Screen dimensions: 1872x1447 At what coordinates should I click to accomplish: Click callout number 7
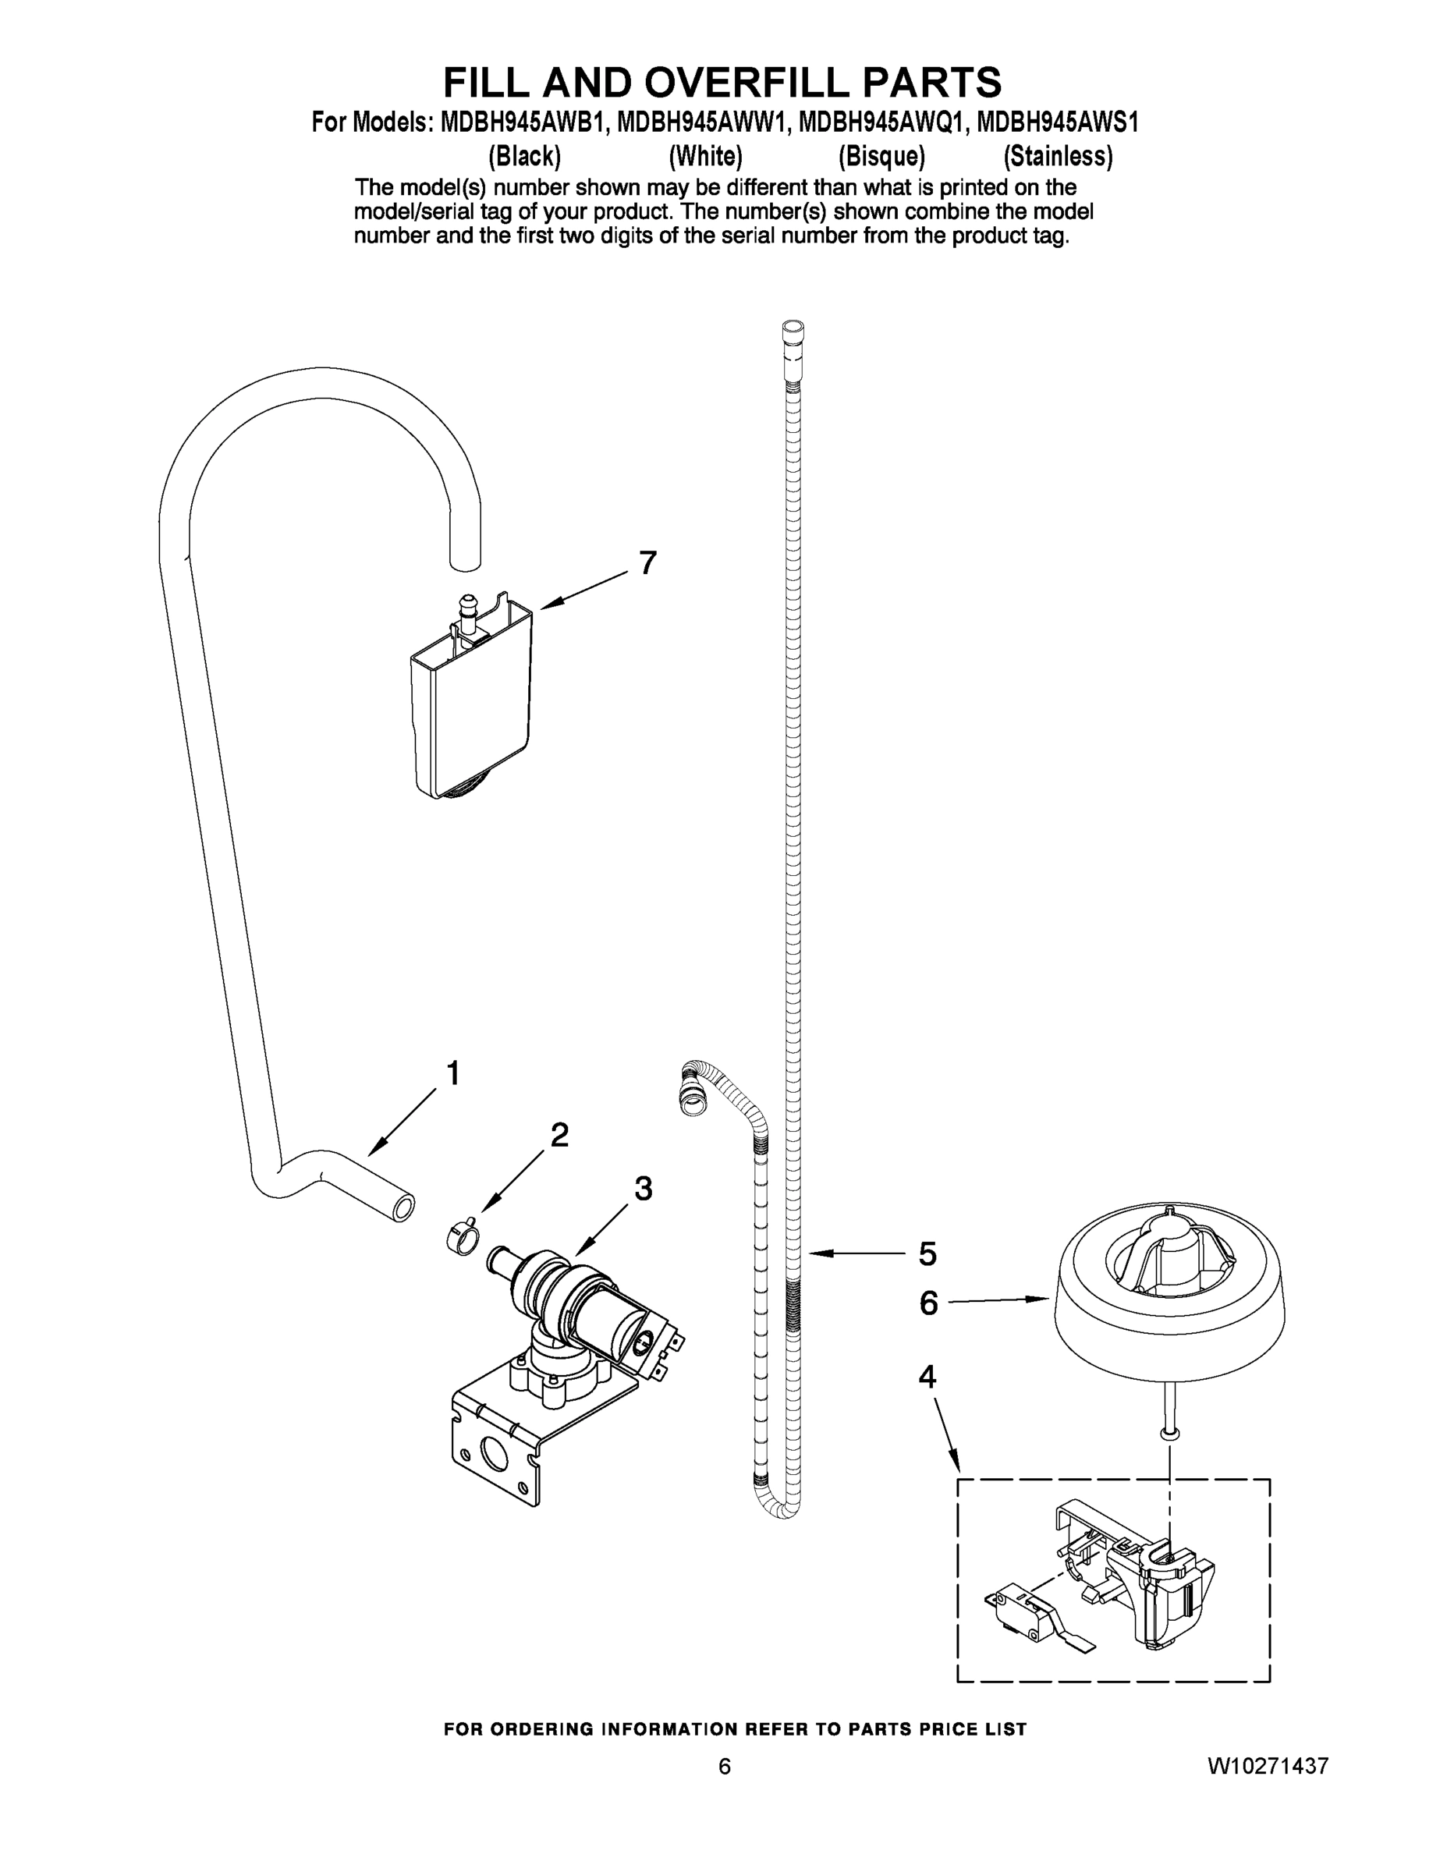click(x=647, y=563)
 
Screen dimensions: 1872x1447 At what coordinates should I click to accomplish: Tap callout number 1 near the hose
click(x=452, y=1073)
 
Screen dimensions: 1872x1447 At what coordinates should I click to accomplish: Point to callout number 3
click(x=643, y=1188)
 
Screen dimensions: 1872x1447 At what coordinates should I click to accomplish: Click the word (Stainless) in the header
click(x=1058, y=156)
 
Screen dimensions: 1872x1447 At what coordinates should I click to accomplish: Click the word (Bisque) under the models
click(x=881, y=156)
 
